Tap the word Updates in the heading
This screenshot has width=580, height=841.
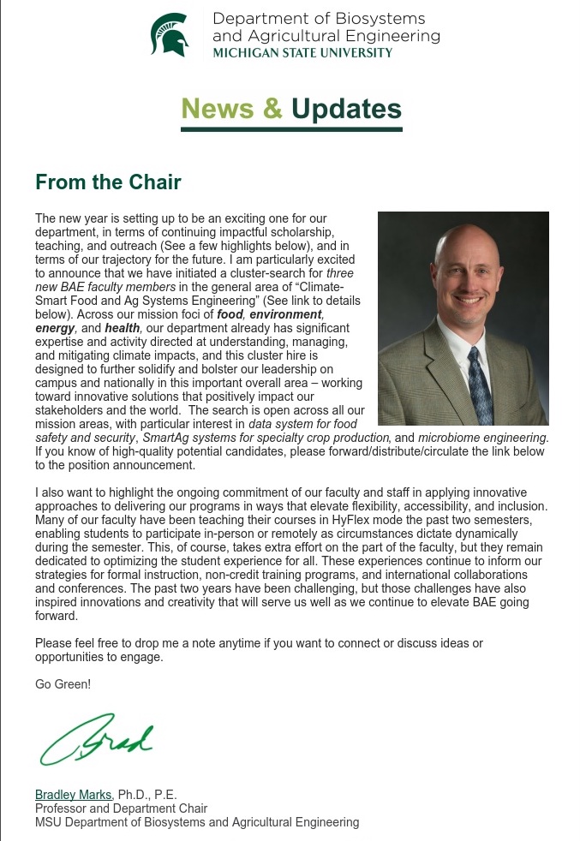[346, 109]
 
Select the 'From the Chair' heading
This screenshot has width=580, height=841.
[108, 182]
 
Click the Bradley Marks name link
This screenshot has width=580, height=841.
[74, 795]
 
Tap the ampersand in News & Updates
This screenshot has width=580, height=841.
[272, 109]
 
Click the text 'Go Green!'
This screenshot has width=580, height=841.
[63, 684]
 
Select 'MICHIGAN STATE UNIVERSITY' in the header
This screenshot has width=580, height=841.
[302, 52]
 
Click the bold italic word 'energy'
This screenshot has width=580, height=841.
[55, 328]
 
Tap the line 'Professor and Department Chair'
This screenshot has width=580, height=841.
[121, 808]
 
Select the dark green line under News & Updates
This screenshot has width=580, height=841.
[291, 128]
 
